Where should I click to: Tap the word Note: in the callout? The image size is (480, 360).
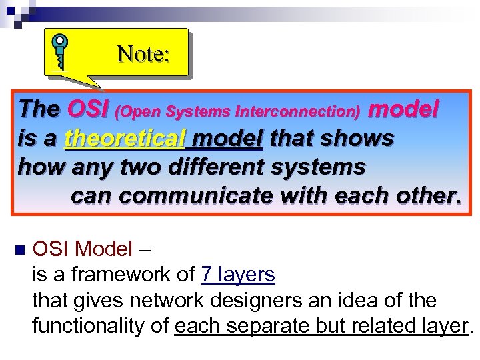point(143,53)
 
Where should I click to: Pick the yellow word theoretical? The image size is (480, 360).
point(124,139)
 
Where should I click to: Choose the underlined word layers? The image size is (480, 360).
point(246,275)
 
